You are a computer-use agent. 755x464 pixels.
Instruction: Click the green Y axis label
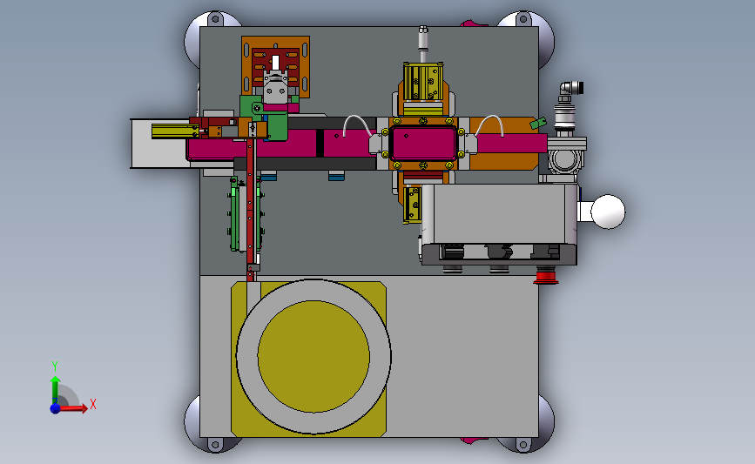point(55,366)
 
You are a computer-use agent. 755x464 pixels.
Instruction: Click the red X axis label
point(93,404)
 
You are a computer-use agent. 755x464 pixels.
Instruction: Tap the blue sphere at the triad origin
point(56,408)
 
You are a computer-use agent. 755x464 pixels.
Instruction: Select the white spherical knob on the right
point(608,212)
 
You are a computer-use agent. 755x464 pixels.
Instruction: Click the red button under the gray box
point(546,277)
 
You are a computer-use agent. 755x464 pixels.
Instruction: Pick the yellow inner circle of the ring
point(313,357)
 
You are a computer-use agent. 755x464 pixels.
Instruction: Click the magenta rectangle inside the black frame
point(423,143)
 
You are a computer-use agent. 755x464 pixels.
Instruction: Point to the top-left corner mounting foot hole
point(215,20)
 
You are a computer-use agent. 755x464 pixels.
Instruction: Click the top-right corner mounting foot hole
point(523,20)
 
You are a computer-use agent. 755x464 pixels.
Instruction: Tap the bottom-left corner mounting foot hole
point(215,444)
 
